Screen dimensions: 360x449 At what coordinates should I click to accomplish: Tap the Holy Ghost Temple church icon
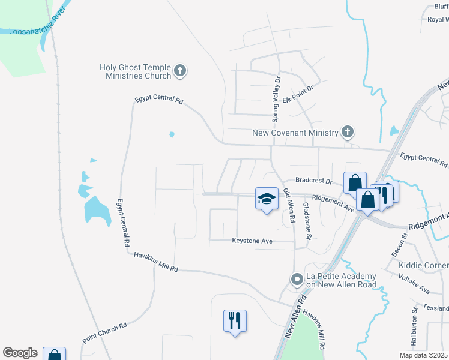[x=179, y=72]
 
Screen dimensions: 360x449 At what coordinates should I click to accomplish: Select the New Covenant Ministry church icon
[x=347, y=131]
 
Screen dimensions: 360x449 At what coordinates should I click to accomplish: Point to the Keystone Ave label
[x=252, y=241]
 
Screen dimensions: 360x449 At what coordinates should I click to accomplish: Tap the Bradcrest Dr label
[x=313, y=180]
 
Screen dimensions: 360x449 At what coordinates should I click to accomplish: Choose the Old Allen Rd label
[x=289, y=206]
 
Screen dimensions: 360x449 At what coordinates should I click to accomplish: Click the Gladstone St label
[x=307, y=220]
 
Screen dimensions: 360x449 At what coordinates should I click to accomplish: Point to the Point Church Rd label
[x=105, y=332]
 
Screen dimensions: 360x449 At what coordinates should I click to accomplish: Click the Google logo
[x=20, y=353]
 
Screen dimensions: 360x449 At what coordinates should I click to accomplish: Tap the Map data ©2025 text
[x=424, y=355]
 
